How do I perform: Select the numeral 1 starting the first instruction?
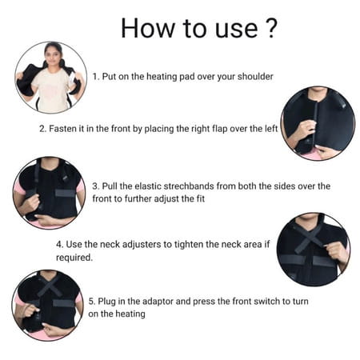94,77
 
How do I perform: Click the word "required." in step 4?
75,258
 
